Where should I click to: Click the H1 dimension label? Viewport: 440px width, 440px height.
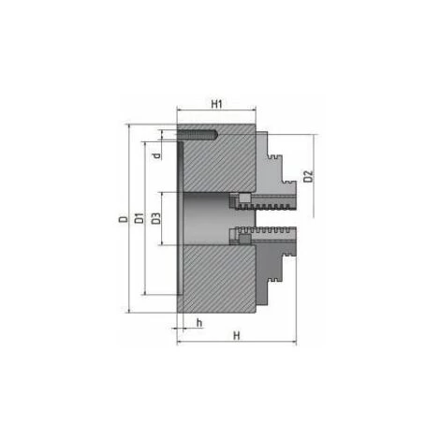click(216, 104)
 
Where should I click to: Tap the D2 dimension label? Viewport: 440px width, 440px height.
click(308, 176)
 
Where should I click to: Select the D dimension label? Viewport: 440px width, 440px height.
click(124, 219)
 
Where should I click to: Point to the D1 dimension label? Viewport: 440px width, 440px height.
click(139, 218)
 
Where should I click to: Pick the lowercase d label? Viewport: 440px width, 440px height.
click(158, 155)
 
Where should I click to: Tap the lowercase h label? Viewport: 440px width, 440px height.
click(199, 323)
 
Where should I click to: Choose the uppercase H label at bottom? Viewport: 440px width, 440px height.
click(237, 336)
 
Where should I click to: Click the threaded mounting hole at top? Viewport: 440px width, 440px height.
click(198, 134)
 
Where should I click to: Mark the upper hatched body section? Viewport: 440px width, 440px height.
click(219, 162)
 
